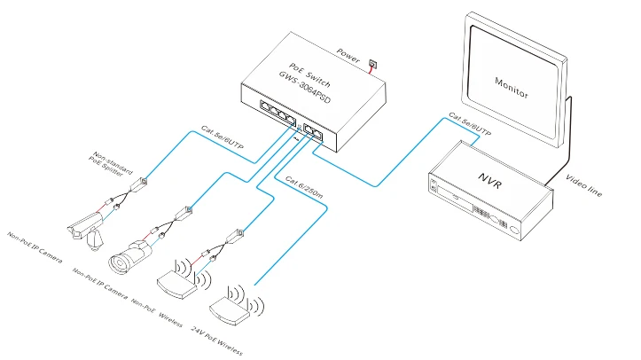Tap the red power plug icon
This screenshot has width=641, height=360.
click(371, 63)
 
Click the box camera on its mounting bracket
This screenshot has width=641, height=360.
click(88, 223)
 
